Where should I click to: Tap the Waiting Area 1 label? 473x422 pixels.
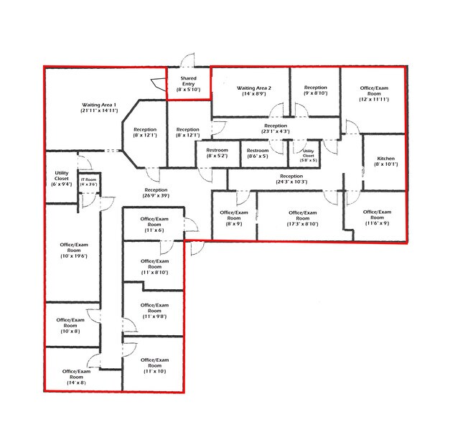pyautogui.click(x=99, y=108)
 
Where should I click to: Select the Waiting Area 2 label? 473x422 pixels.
pyautogui.click(x=254, y=90)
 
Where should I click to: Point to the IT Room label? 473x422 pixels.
pyautogui.click(x=88, y=182)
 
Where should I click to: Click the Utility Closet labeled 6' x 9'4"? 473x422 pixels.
pyautogui.click(x=61, y=179)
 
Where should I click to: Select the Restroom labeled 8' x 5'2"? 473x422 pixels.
pyautogui.click(x=217, y=153)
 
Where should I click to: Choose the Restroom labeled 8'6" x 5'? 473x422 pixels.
pyautogui.click(x=257, y=153)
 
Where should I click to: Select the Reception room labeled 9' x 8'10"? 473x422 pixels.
pyautogui.click(x=315, y=90)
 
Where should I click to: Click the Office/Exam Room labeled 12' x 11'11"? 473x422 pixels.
pyautogui.click(x=374, y=94)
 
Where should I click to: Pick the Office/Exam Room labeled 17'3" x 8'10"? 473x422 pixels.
pyautogui.click(x=301, y=218)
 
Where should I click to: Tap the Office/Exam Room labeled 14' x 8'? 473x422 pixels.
pyautogui.click(x=73, y=377)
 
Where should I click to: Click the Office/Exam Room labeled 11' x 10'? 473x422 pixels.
pyautogui.click(x=153, y=366)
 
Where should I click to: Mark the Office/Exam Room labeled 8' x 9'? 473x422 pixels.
pyautogui.click(x=234, y=218)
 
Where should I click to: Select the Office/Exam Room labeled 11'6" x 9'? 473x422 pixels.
pyautogui.click(x=376, y=217)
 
